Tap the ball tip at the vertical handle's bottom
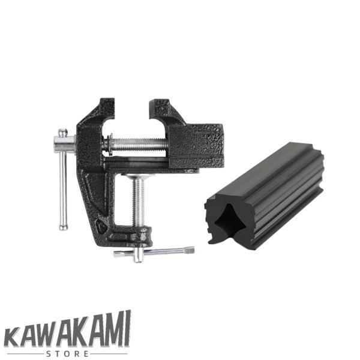[63, 226]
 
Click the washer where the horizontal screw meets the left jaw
[108, 145]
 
